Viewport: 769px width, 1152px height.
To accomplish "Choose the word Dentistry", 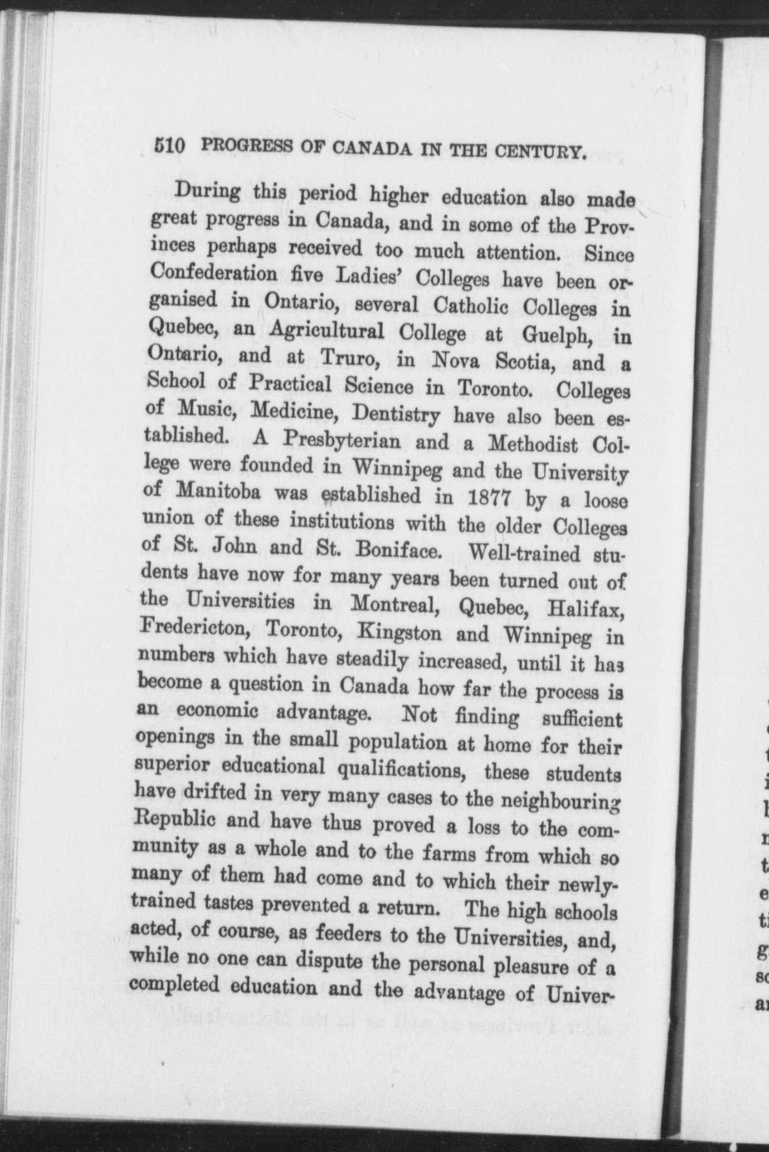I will click(397, 413).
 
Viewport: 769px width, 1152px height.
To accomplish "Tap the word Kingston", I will click(399, 633).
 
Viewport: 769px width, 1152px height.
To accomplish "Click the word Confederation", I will click(212, 272).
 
